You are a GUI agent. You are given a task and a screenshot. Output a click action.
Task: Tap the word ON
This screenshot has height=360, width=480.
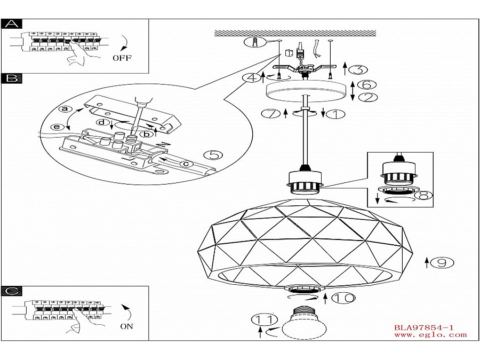pyautogui.click(x=126, y=326)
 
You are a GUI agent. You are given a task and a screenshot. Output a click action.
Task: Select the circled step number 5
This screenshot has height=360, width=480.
pyautogui.click(x=213, y=155)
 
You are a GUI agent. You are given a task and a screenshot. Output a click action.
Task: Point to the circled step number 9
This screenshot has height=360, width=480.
pyautogui.click(x=442, y=262)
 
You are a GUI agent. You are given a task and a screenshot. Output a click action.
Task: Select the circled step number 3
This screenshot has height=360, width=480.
pyautogui.click(x=361, y=69)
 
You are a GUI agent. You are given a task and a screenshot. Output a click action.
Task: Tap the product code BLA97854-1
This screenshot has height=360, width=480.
pyautogui.click(x=423, y=327)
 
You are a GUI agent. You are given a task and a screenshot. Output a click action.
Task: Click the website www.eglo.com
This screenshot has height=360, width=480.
pyautogui.click(x=430, y=335)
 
